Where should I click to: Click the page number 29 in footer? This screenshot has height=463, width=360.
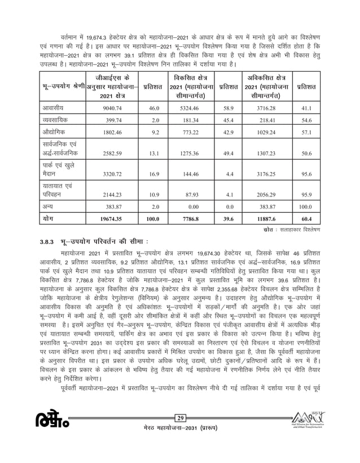pos(180,434)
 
